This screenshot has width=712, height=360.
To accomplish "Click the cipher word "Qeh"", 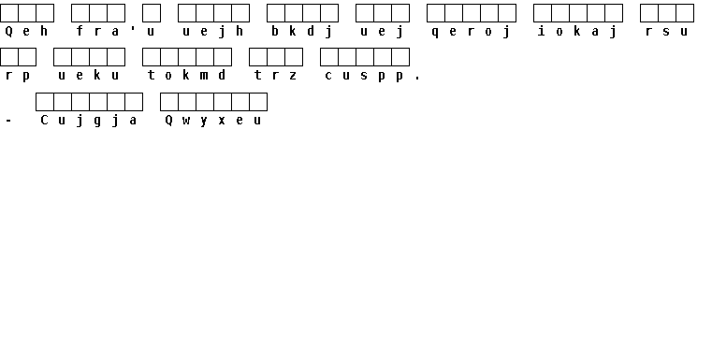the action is (x=26, y=31).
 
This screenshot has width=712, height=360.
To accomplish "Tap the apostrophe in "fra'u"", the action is (x=133, y=29).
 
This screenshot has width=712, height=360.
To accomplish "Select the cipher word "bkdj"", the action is (x=302, y=31).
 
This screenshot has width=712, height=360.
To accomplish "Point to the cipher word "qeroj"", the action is (x=471, y=32).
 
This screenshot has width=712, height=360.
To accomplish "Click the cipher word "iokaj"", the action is (x=577, y=31).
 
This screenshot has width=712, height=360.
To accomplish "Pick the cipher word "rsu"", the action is (x=666, y=32).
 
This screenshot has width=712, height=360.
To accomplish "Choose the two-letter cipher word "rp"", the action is (x=18, y=76).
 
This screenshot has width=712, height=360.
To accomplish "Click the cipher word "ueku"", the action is (x=89, y=76).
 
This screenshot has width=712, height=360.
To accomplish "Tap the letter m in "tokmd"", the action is (x=204, y=76).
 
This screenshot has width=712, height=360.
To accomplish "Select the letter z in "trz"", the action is (x=293, y=76).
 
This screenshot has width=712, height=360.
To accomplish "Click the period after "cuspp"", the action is (x=417, y=79).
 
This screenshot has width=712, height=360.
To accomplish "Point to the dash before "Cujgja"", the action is (x=8, y=121).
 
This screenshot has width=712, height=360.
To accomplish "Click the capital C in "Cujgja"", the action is (x=44, y=120).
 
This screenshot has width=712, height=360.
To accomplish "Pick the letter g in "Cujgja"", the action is (x=97, y=122).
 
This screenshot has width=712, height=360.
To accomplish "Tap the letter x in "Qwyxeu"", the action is (x=222, y=121).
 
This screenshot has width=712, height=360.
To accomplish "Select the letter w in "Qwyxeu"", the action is (x=186, y=121).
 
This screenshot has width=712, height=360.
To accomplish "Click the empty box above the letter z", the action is (x=294, y=57).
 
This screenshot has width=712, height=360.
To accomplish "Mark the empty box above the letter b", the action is (x=276, y=13).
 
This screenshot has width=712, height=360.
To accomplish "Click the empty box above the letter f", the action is (x=80, y=13).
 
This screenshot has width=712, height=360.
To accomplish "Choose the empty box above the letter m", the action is (x=205, y=57).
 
